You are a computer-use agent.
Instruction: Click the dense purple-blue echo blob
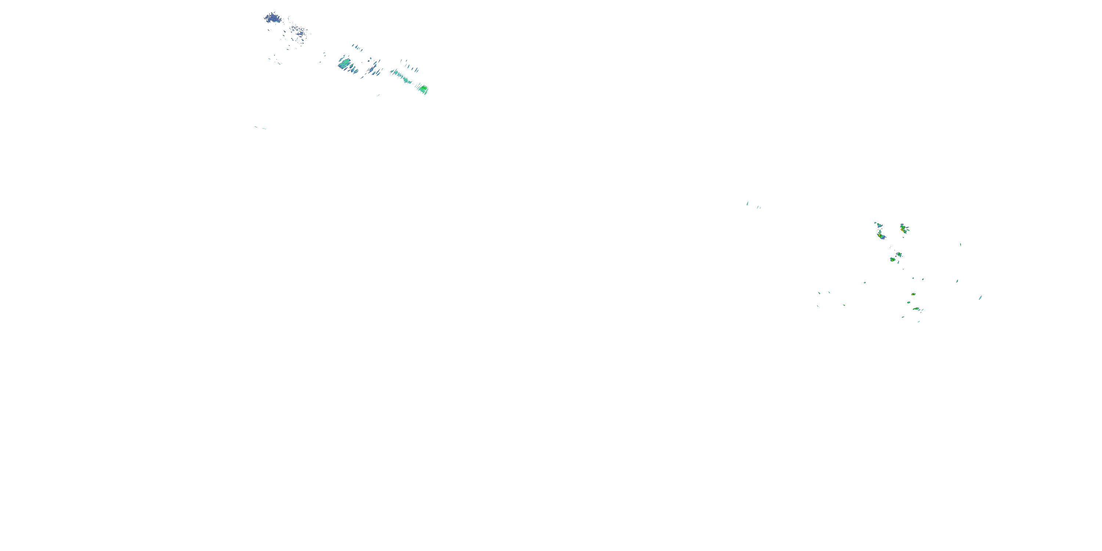pyautogui.click(x=272, y=18)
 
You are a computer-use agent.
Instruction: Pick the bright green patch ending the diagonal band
pyautogui.click(x=423, y=89)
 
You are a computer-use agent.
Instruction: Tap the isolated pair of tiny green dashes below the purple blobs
pyautogui.click(x=260, y=127)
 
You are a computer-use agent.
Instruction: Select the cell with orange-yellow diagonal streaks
pyautogui.click(x=904, y=229)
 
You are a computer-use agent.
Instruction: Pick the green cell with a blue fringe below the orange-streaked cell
pyautogui.click(x=899, y=255)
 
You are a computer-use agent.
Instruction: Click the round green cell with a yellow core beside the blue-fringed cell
pyautogui.click(x=893, y=259)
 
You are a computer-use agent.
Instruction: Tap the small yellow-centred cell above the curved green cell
pyautogui.click(x=913, y=294)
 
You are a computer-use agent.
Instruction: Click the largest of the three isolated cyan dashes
pyautogui.click(x=748, y=203)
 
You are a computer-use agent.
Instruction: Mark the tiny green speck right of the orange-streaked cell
pyautogui.click(x=961, y=244)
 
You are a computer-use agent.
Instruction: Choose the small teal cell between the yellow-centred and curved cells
pyautogui.click(x=909, y=302)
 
